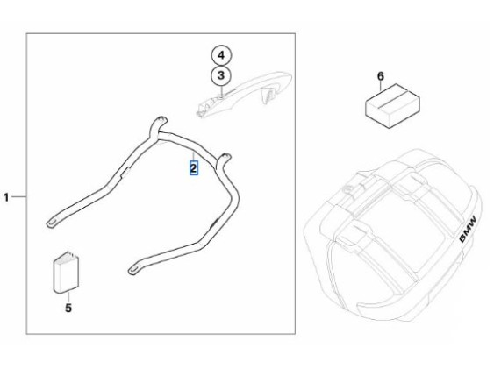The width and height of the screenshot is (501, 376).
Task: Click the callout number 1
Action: (x=6, y=197)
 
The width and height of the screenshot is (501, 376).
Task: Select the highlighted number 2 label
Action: (x=194, y=168)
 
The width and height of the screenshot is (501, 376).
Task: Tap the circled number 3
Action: (x=221, y=76)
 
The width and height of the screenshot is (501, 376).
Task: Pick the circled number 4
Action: (x=221, y=55)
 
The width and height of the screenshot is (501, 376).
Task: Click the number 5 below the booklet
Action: (x=68, y=308)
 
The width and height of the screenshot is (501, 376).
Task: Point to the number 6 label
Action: (x=381, y=76)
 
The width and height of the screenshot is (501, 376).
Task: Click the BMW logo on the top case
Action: (x=468, y=229)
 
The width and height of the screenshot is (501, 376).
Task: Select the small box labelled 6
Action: (x=392, y=106)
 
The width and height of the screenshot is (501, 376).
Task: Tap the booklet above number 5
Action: (x=66, y=273)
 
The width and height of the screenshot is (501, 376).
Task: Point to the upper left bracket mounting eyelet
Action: (x=52, y=223)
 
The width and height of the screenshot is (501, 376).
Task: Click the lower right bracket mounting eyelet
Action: (x=133, y=270)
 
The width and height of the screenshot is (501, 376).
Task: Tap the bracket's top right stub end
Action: (x=225, y=156)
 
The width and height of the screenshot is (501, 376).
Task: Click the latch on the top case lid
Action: (x=352, y=189)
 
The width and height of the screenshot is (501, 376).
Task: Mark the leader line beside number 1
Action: (x=19, y=197)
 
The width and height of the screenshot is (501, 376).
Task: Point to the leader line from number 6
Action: (x=381, y=86)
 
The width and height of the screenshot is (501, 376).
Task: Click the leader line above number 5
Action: (x=68, y=297)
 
